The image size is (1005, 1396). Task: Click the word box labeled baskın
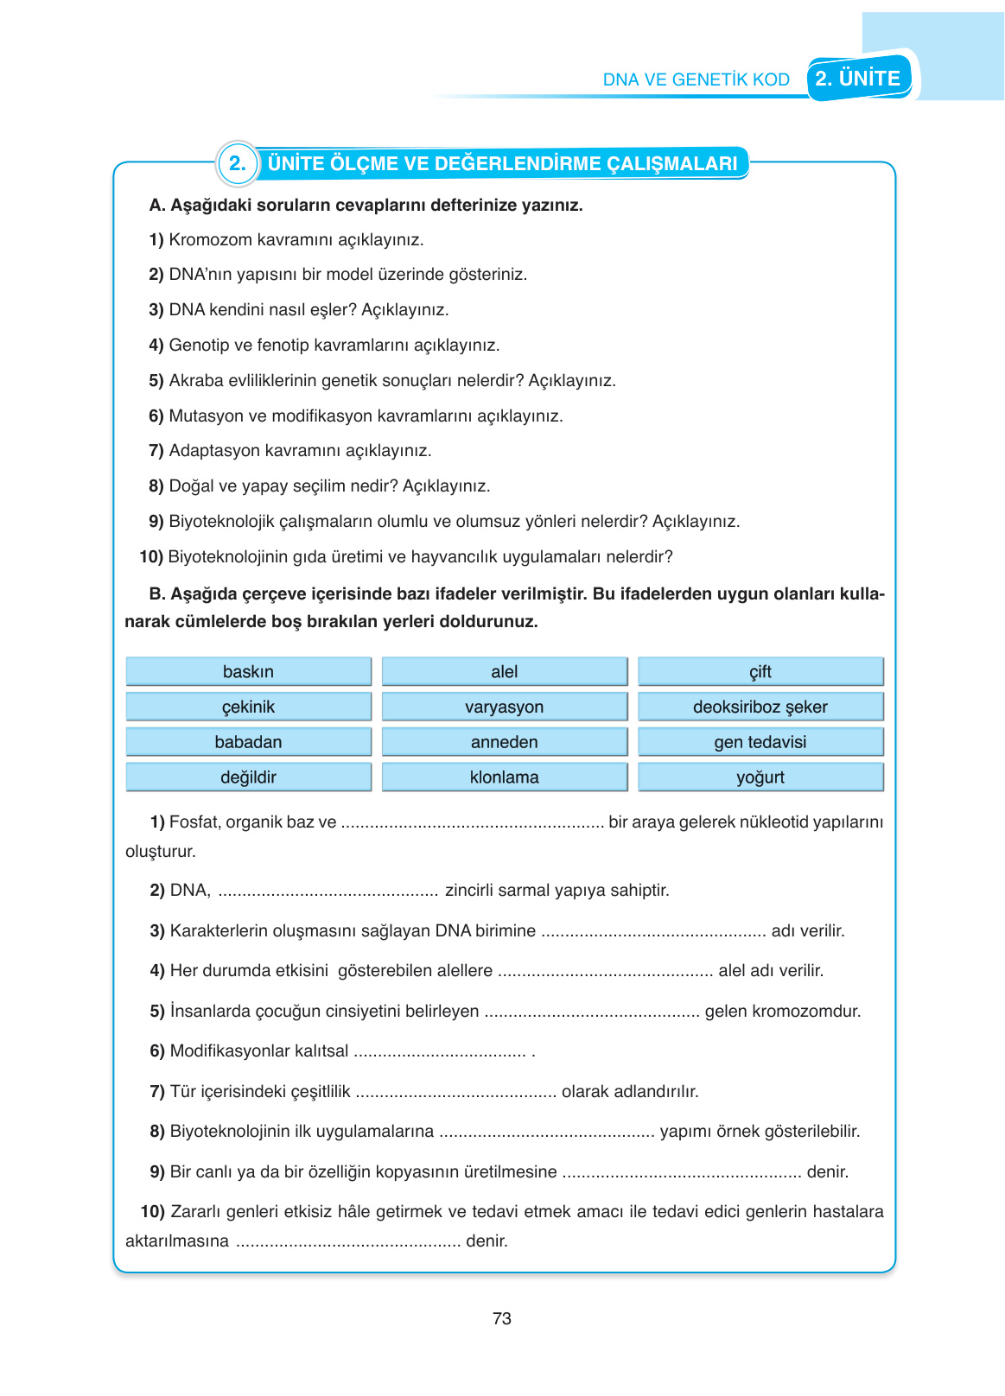[x=248, y=671]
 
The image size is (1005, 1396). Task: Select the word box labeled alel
[x=504, y=671]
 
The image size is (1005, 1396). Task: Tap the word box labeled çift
[x=760, y=671]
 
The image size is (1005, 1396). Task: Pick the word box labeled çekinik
[x=248, y=707]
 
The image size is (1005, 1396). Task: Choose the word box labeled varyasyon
[x=504, y=707]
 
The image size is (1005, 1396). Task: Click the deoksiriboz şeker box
[x=760, y=707]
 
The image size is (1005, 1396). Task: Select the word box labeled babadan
[x=248, y=742]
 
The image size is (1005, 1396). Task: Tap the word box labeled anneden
[x=504, y=742]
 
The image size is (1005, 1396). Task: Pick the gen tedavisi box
[x=760, y=742]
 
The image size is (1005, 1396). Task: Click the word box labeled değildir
[x=248, y=777]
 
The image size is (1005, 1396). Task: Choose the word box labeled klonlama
[x=504, y=777]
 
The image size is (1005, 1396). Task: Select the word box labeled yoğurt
[x=760, y=777]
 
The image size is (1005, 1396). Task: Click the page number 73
[x=501, y=1318]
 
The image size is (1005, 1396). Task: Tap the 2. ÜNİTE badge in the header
[x=858, y=79]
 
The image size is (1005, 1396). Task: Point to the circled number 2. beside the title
[x=237, y=163]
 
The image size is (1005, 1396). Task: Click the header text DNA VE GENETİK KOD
[x=696, y=79]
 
